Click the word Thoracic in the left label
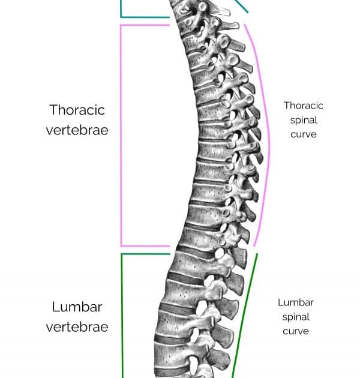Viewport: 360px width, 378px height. [x=77, y=110]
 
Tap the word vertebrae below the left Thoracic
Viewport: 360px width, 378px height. [x=77, y=130]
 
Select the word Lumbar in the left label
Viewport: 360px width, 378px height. [x=77, y=307]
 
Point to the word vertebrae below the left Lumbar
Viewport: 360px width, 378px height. [x=77, y=327]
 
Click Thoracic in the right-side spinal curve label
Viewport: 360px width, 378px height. [x=304, y=106]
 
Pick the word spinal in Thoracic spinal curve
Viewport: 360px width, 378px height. [x=304, y=120]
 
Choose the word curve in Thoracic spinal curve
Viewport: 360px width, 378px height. [x=304, y=134]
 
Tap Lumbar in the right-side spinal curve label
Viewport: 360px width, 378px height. [x=296, y=302]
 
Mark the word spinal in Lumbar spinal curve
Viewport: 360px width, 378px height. [x=296, y=317]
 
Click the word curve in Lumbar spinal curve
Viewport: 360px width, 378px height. [x=296, y=331]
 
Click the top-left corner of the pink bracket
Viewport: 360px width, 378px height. [x=121, y=25]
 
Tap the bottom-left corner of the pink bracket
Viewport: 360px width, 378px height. [x=121, y=246]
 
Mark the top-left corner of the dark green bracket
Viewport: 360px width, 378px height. [x=122, y=254]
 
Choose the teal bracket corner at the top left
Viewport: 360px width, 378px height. [x=121, y=17]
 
